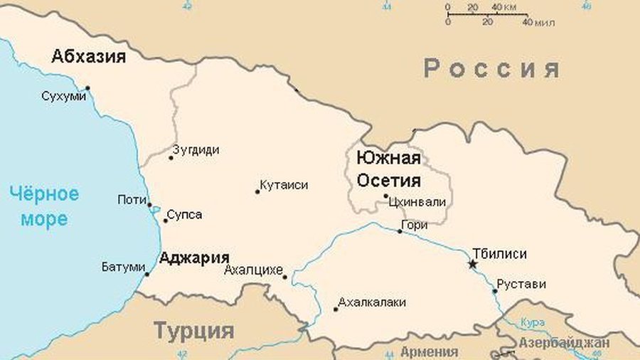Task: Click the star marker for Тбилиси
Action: tap(472, 265)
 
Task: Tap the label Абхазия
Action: tap(88, 57)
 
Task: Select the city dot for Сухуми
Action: tap(87, 88)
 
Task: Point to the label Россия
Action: tap(492, 69)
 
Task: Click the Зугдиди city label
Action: tap(196, 150)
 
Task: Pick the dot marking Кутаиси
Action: tap(257, 191)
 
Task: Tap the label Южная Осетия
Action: tap(388, 169)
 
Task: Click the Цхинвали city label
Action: tap(417, 201)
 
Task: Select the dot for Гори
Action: tap(400, 231)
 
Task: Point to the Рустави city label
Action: tap(521, 284)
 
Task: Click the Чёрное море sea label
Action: tap(44, 206)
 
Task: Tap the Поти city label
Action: tap(132, 200)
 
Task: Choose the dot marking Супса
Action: tap(166, 220)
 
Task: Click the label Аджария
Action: tap(194, 258)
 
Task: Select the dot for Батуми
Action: tap(147, 274)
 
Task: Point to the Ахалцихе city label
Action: tap(253, 270)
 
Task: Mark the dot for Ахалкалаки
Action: tap(336, 309)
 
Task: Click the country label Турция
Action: tap(194, 331)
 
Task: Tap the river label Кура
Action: tap(533, 322)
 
